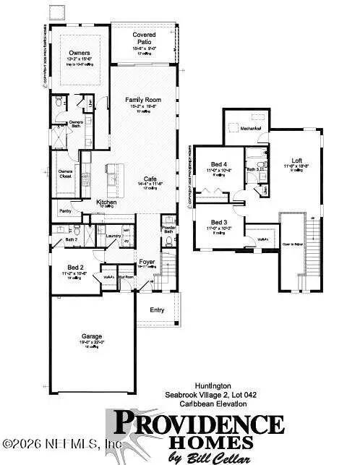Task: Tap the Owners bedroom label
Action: [x=78, y=53]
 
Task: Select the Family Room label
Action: [x=143, y=100]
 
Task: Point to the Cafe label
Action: [x=150, y=178]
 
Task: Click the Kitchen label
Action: [x=108, y=202]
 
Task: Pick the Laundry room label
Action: [x=112, y=235]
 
